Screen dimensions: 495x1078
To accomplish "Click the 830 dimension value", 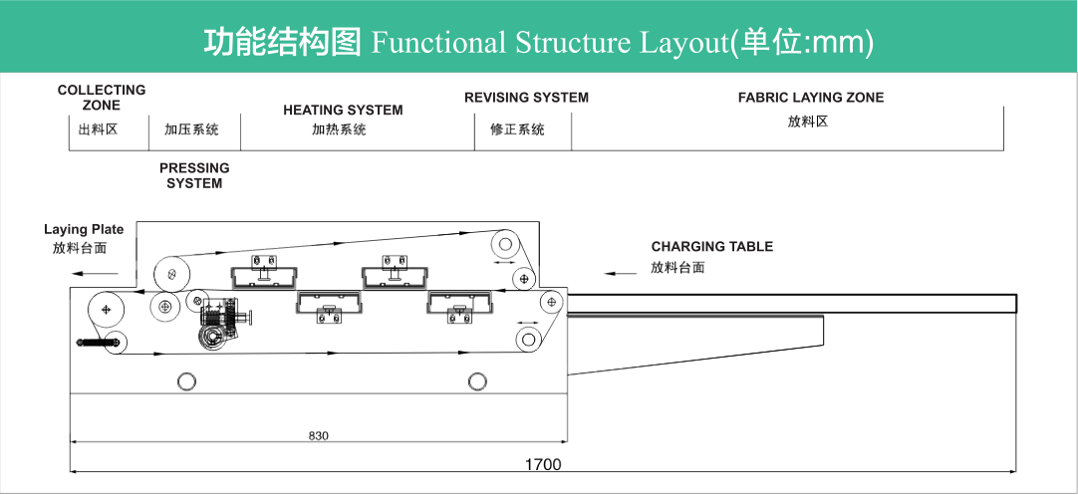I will (318, 435).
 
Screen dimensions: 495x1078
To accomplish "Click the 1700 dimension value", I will (543, 464).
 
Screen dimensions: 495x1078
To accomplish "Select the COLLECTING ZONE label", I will (102, 97).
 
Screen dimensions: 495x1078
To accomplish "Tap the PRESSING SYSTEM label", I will (194, 175).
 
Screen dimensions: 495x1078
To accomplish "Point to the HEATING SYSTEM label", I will (343, 110).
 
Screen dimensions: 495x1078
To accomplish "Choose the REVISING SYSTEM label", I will (526, 98).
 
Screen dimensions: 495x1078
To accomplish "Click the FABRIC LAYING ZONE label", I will (810, 98).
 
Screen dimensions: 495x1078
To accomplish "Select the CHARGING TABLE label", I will (711, 246).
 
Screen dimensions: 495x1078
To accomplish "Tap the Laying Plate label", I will (84, 230).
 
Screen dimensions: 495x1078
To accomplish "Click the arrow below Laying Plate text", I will (101, 272).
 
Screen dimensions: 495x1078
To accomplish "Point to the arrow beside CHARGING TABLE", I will (620, 271).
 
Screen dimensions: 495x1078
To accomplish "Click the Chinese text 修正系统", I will (517, 129).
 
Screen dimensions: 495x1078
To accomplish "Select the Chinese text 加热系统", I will (339, 129).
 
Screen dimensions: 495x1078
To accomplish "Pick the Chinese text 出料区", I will (98, 128).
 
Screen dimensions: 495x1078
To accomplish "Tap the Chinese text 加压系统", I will (191, 129).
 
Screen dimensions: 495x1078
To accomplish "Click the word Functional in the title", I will (438, 42).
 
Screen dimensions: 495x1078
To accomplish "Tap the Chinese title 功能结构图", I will (282, 42).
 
